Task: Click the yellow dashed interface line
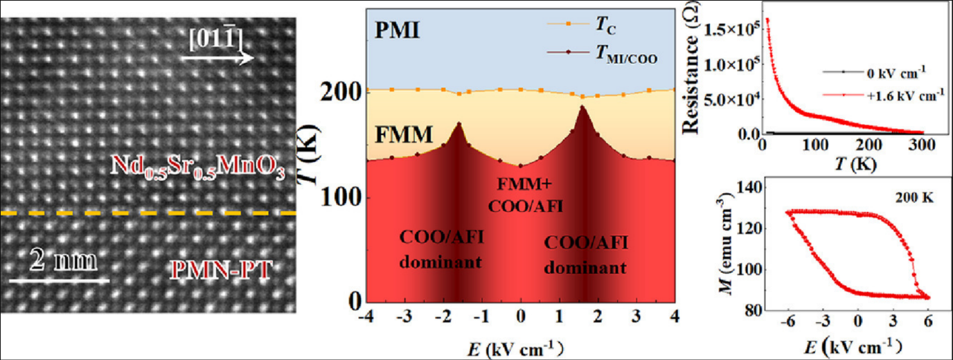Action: pyautogui.click(x=149, y=213)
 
